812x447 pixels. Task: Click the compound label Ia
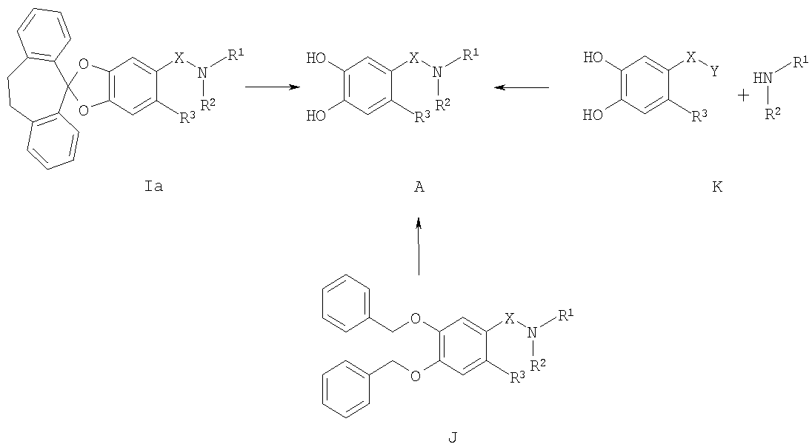(154, 186)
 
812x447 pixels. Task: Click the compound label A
(419, 186)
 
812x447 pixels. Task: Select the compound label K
(717, 186)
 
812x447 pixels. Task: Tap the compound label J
(453, 438)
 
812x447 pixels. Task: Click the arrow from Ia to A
(273, 87)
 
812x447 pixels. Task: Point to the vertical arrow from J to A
(419, 246)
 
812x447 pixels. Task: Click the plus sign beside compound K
(743, 95)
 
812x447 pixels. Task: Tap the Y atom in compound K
(715, 71)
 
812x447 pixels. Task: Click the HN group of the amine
(762, 78)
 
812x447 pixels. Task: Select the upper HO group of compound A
(316, 58)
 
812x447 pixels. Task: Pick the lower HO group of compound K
(593, 115)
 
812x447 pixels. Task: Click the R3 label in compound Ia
(187, 118)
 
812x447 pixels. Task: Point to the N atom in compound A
(438, 73)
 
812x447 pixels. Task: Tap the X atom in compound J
(510, 318)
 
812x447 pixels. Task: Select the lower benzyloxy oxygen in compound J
(416, 376)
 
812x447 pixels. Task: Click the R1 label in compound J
(567, 314)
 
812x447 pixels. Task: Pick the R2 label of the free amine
(773, 112)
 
